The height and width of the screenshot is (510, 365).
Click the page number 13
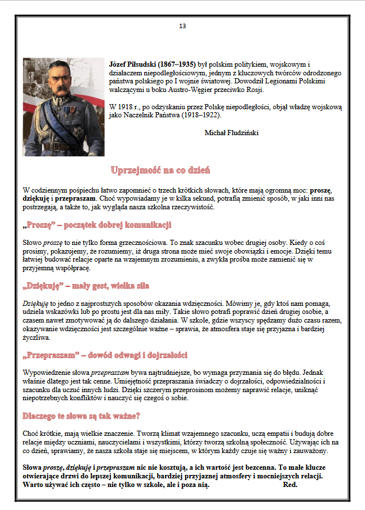point(182,26)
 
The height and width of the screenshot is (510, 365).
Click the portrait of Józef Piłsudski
point(64,106)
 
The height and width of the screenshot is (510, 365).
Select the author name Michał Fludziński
point(231,133)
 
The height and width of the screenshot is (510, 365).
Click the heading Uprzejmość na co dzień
point(160,170)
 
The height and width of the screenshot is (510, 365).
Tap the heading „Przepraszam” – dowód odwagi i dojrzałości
point(105,355)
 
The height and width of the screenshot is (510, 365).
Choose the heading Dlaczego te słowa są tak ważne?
point(82,415)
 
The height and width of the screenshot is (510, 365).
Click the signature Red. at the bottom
point(290,485)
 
